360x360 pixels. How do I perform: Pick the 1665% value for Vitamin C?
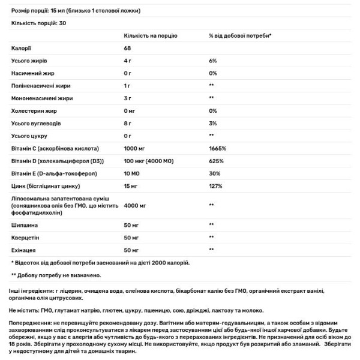click(x=217, y=148)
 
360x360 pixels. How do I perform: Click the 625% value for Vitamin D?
click(x=216, y=161)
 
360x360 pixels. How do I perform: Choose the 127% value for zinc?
click(x=216, y=186)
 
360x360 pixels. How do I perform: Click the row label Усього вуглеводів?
click(x=34, y=123)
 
